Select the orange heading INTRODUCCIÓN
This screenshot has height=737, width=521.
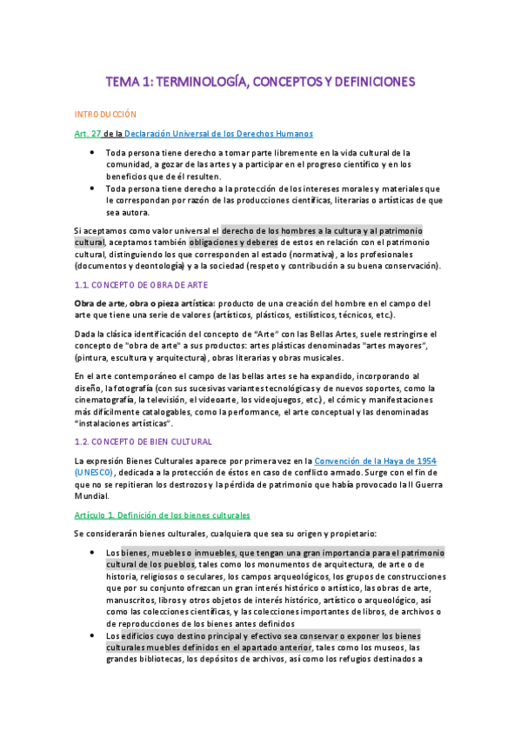(106, 114)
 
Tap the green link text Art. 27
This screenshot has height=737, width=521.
(89, 133)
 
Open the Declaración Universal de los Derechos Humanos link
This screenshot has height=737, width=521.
(218, 133)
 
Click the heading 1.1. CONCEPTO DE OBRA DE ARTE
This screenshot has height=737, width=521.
(139, 285)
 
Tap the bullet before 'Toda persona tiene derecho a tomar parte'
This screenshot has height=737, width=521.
(92, 152)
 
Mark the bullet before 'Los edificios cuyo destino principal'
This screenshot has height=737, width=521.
(92, 635)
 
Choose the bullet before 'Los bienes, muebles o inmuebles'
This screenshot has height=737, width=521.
(92, 552)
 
